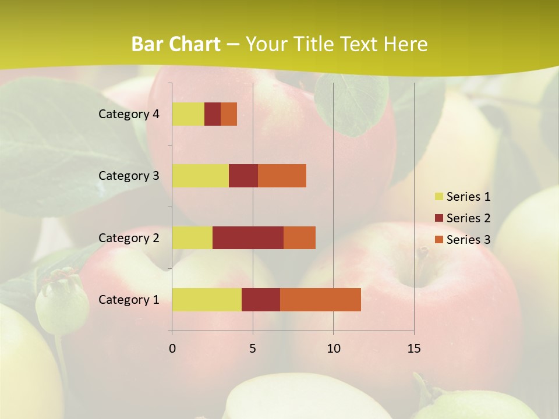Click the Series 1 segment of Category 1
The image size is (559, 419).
coord(207,300)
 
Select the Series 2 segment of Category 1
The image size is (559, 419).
coord(261,300)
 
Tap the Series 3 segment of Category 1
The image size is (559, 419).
coord(320,300)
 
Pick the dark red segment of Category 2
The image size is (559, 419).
coord(248,237)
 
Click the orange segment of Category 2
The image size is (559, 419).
coord(299,237)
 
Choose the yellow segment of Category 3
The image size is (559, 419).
coord(200,176)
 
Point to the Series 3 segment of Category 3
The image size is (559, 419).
coord(282,176)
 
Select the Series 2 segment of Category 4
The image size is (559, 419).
coord(213,114)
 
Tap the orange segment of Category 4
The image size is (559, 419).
coord(229,114)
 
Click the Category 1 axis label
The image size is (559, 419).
coord(128,300)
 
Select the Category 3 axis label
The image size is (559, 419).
coord(128,176)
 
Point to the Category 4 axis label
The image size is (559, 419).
coord(128,114)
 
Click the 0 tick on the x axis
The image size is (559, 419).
coord(172,349)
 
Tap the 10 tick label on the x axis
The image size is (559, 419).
coord(333,349)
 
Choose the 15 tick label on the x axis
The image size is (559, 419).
coord(414,349)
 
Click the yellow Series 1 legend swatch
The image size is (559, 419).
coord(438,197)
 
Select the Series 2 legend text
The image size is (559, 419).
coord(468,218)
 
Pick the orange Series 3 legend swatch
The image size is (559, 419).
coord(438,240)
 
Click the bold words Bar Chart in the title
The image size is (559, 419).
coord(176,44)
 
